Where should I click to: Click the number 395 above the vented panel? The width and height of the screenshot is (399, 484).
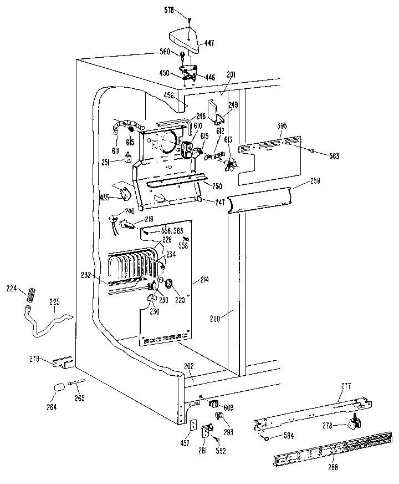[282, 127]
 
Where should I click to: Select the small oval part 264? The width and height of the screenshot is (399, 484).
[58, 388]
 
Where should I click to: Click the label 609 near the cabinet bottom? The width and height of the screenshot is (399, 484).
[228, 407]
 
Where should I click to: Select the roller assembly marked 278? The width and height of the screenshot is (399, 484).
[354, 424]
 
